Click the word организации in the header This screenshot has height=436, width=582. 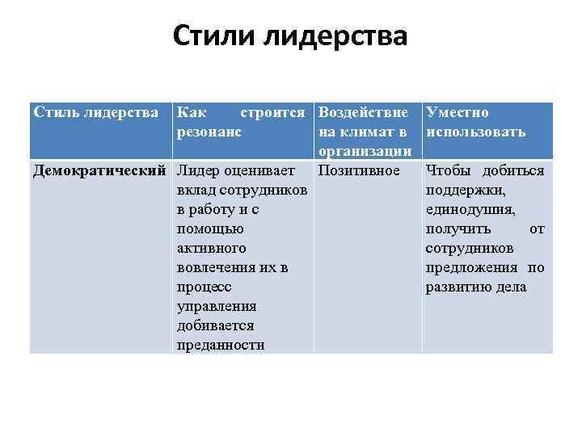[x=365, y=151]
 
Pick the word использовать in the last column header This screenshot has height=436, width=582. [x=476, y=132]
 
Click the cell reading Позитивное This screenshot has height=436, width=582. [x=359, y=170]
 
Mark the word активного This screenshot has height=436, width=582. [x=211, y=248]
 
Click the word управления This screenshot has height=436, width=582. [x=216, y=306]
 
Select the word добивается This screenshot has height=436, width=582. [x=214, y=325]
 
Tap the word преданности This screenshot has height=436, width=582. [x=220, y=345]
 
